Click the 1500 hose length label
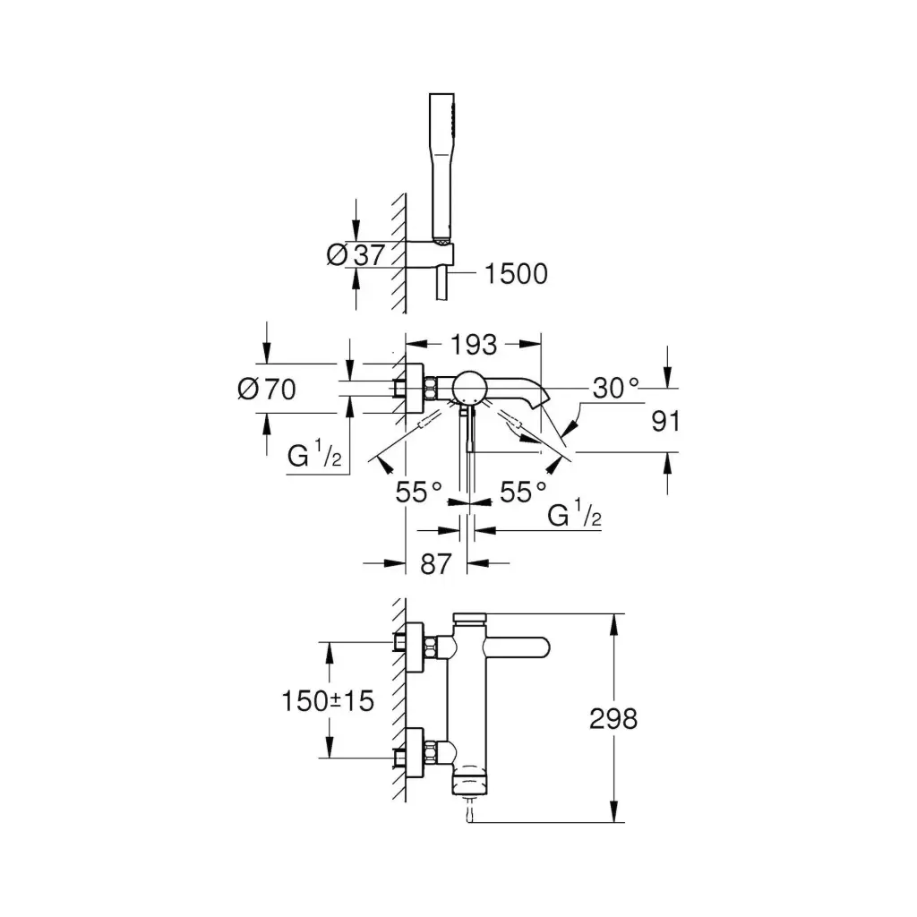(x=517, y=274)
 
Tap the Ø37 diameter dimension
(x=356, y=255)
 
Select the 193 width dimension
(x=474, y=345)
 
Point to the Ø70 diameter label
(x=267, y=389)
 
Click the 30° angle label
(x=616, y=388)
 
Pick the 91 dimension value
(x=665, y=421)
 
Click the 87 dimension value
(x=436, y=564)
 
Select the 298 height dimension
(x=613, y=719)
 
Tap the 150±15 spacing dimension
(x=328, y=700)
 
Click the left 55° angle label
(x=419, y=492)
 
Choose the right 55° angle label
(x=523, y=492)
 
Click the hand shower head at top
(x=441, y=167)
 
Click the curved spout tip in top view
(x=540, y=398)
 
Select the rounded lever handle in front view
(x=518, y=647)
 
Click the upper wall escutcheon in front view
(x=414, y=647)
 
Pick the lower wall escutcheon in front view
(x=414, y=754)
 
